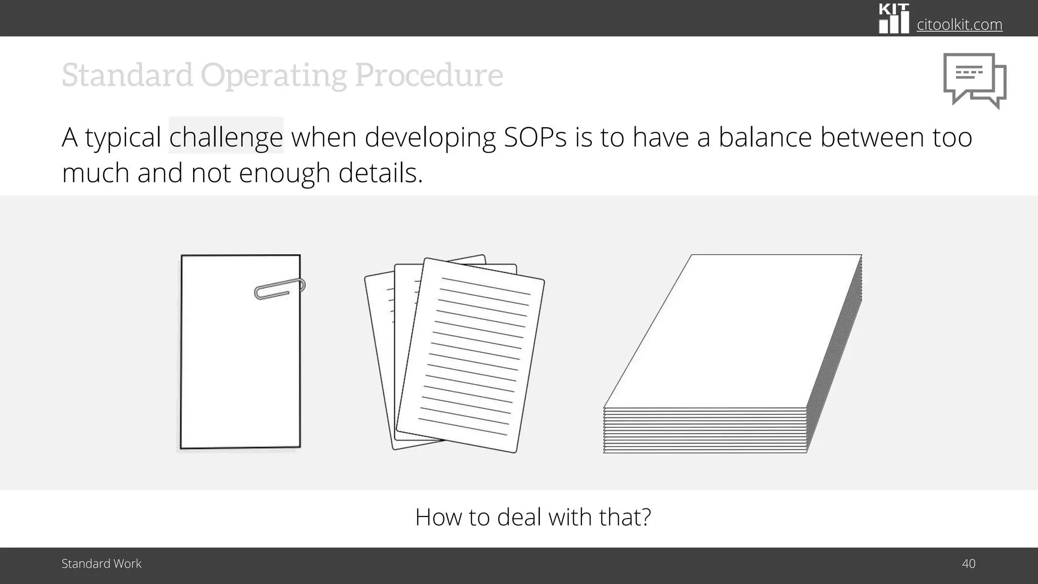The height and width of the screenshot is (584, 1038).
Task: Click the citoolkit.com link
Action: tap(959, 24)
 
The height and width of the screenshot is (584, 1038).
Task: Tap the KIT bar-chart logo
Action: tap(894, 19)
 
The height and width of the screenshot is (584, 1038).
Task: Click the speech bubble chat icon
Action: tap(974, 81)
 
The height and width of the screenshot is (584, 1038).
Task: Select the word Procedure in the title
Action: tap(429, 75)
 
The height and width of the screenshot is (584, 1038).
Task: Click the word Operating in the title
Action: tap(274, 75)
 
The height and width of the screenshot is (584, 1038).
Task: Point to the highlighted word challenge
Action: tap(226, 137)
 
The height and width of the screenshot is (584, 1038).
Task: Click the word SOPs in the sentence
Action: tap(535, 137)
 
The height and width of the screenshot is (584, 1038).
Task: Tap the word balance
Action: tap(765, 137)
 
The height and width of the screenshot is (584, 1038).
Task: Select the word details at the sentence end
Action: tap(380, 173)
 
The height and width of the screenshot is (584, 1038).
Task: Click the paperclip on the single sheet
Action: tap(279, 288)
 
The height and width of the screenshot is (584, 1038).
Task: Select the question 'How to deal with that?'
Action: tap(533, 517)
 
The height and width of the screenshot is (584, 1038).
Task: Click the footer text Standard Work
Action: tap(101, 564)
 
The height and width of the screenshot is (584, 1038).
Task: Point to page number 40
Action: tap(968, 564)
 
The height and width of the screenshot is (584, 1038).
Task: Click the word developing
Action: tap(430, 137)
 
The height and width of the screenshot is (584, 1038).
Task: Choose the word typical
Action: tap(123, 137)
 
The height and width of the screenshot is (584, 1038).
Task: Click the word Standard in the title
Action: tap(127, 75)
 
